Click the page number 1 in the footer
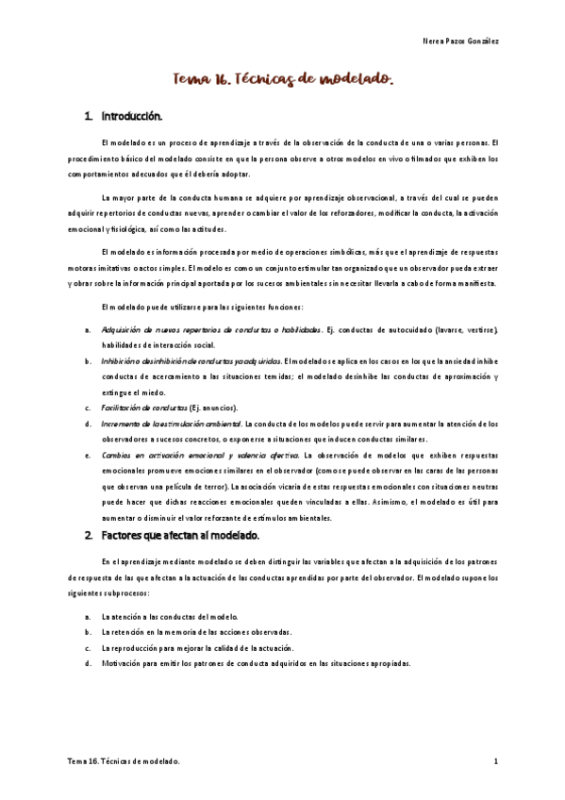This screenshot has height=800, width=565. (494, 760)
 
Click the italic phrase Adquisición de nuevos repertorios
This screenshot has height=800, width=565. (160, 330)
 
